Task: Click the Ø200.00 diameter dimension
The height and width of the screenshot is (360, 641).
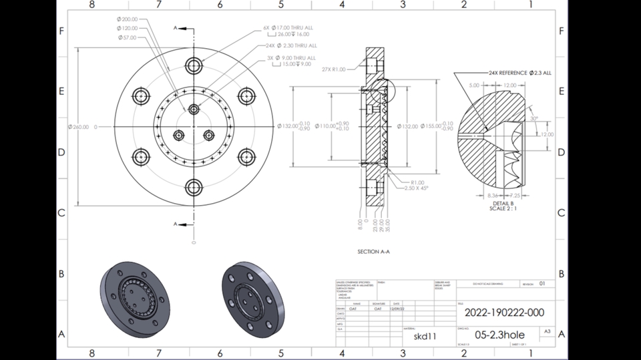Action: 127,19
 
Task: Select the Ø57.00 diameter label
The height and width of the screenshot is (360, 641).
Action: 126,37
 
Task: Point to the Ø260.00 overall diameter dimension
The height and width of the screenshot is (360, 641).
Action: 78,126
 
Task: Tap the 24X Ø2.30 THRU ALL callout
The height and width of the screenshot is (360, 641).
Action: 291,45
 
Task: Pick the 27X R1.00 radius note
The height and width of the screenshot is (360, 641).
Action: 333,69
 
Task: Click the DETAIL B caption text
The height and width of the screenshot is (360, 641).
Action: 503,202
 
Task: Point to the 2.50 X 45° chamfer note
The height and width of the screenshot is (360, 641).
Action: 416,188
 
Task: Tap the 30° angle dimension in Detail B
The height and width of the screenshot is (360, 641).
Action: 534,118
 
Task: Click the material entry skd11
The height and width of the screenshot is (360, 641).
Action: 425,336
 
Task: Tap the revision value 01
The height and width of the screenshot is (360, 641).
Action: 542,283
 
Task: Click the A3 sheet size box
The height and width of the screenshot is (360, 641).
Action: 547,331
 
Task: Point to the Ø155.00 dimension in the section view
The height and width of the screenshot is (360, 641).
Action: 432,126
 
